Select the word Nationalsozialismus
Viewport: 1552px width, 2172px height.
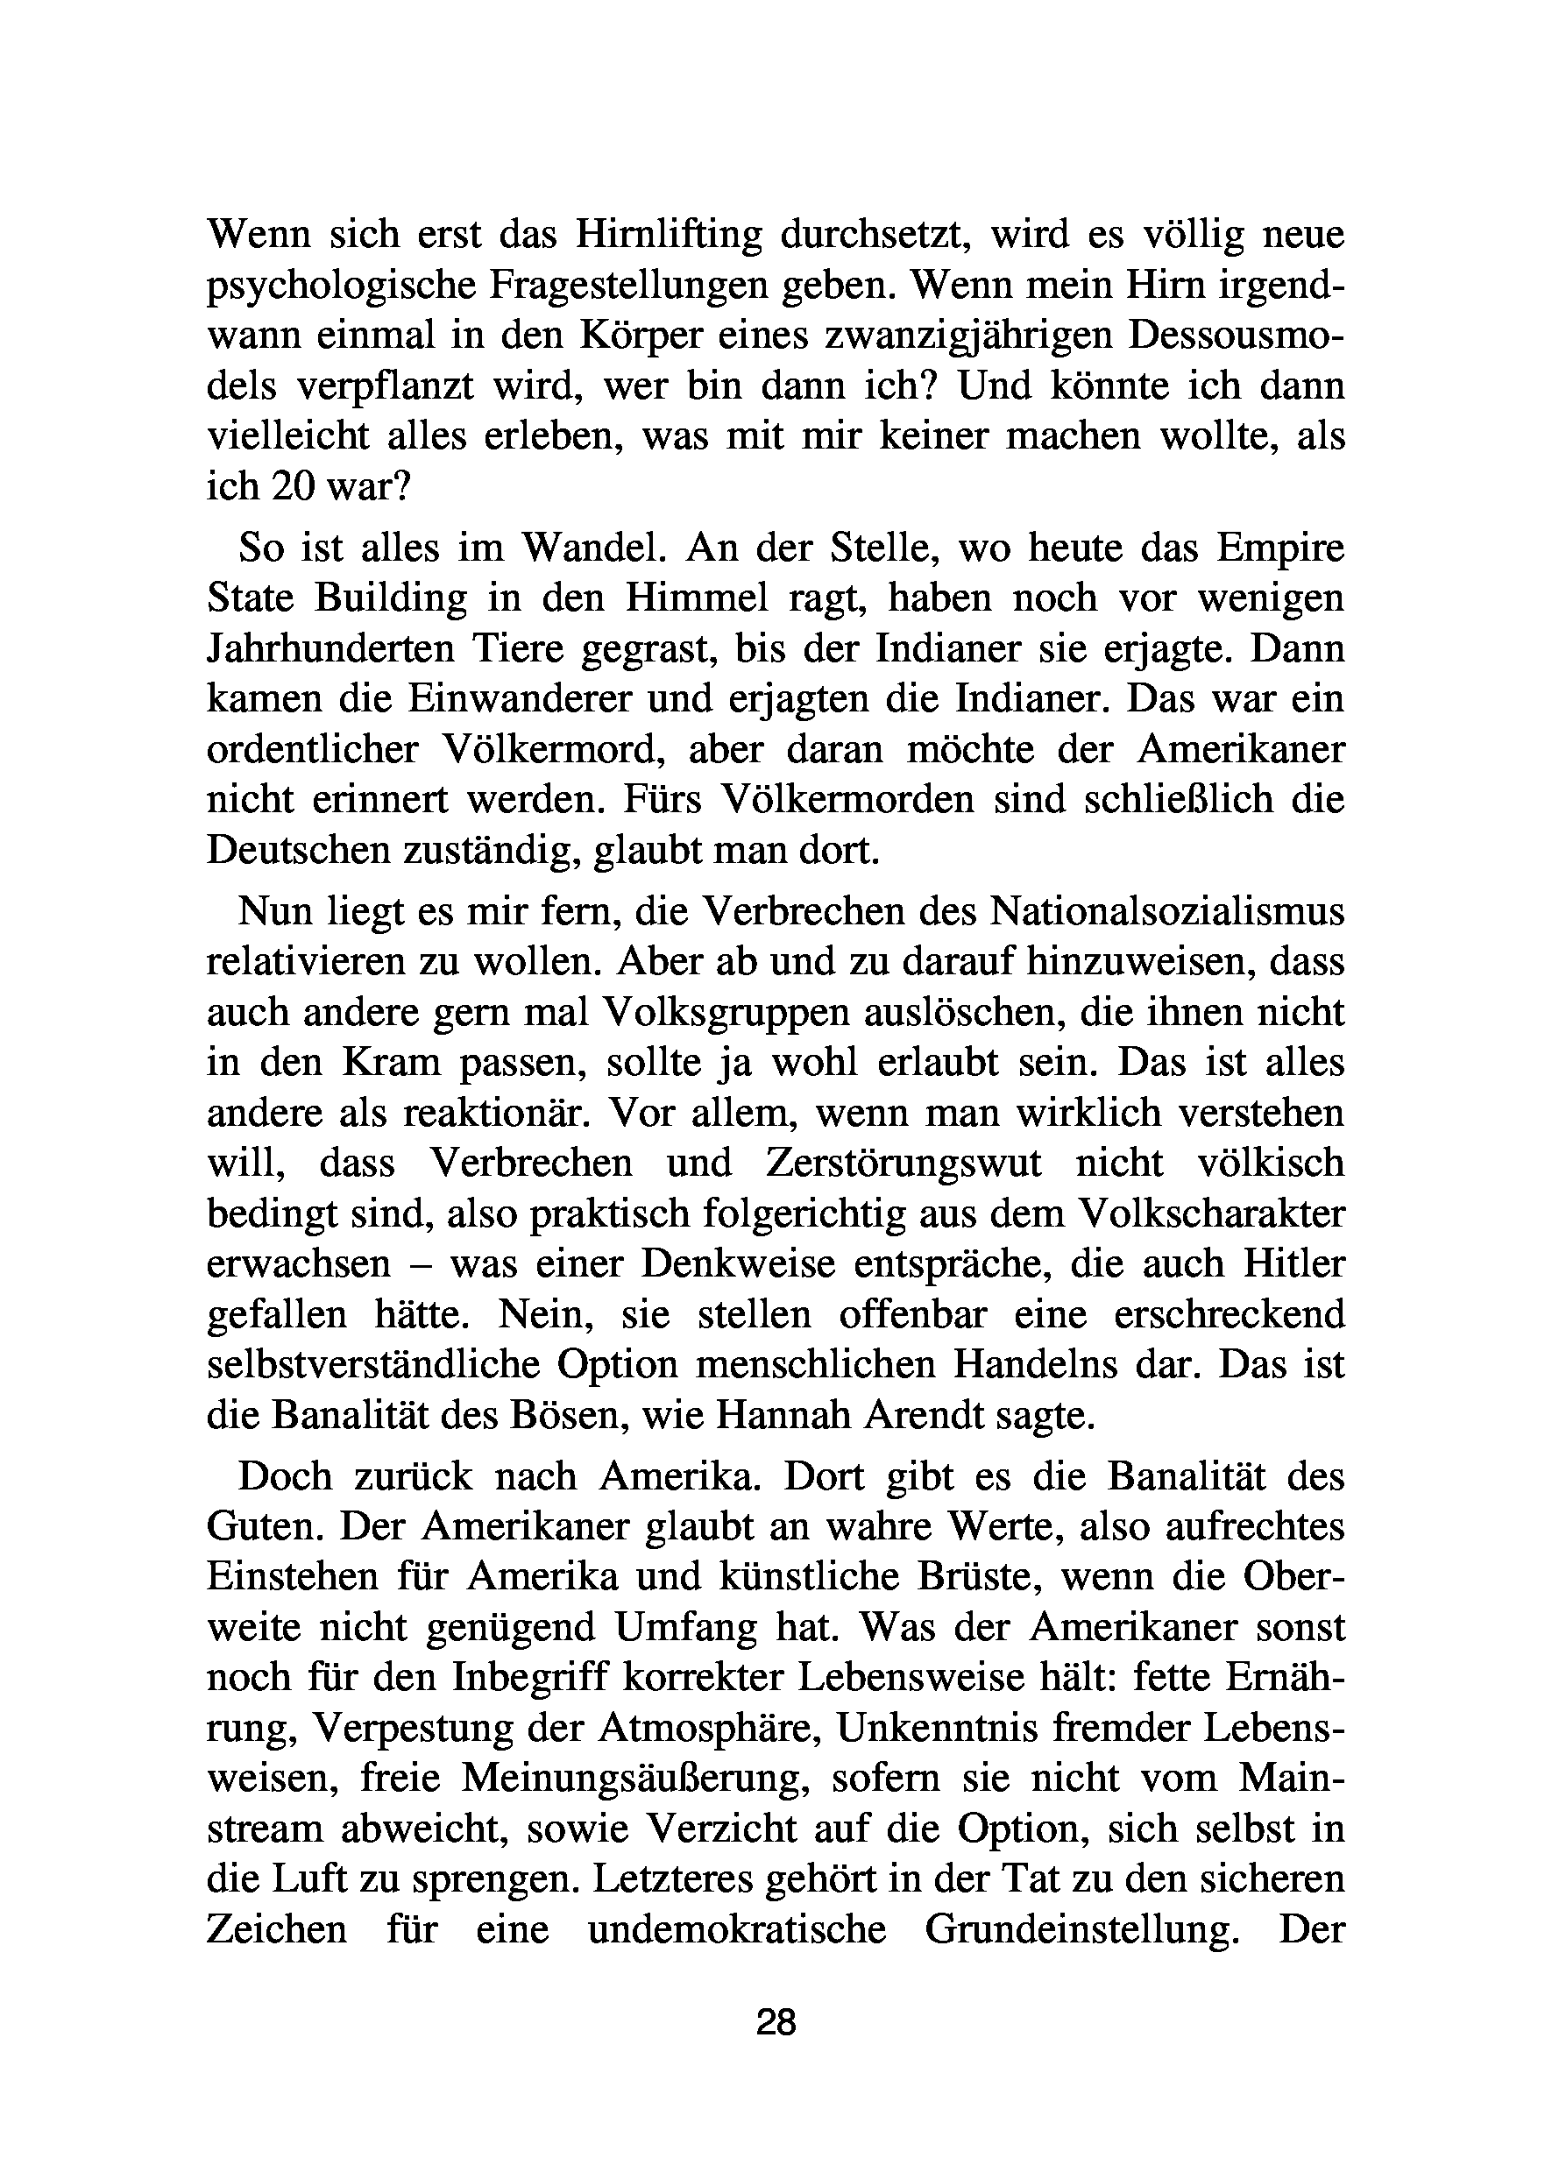click(x=1167, y=911)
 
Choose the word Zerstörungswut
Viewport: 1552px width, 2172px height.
click(x=904, y=1164)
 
